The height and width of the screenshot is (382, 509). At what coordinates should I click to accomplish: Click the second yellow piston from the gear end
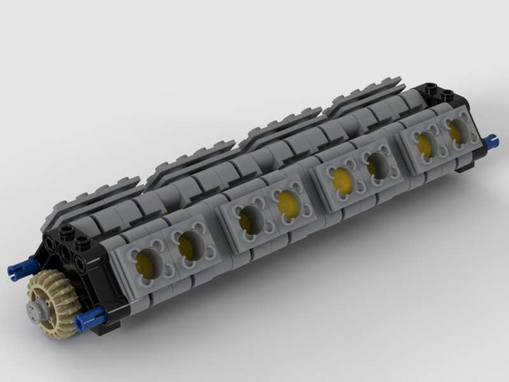point(190,245)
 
